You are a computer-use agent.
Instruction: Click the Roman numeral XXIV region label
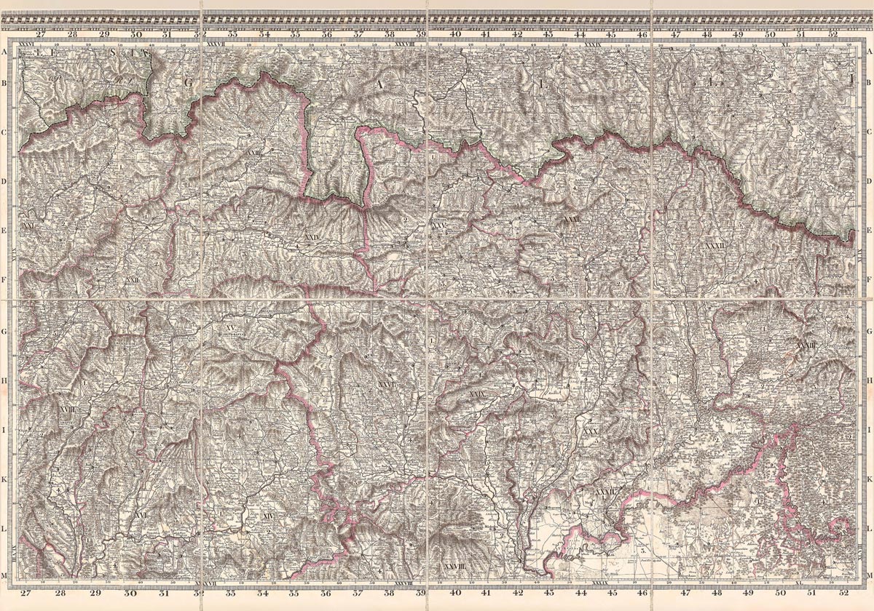[312, 237]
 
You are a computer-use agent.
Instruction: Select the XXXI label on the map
[572, 218]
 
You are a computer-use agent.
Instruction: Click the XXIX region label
[477, 394]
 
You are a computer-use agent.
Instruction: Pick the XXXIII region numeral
[806, 346]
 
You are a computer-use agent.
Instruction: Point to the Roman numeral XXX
[590, 432]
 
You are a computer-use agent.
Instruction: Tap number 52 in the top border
[832, 33]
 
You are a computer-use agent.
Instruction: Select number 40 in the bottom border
[455, 594]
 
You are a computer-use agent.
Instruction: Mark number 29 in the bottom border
[95, 594]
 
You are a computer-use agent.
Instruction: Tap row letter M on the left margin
[5, 576]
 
